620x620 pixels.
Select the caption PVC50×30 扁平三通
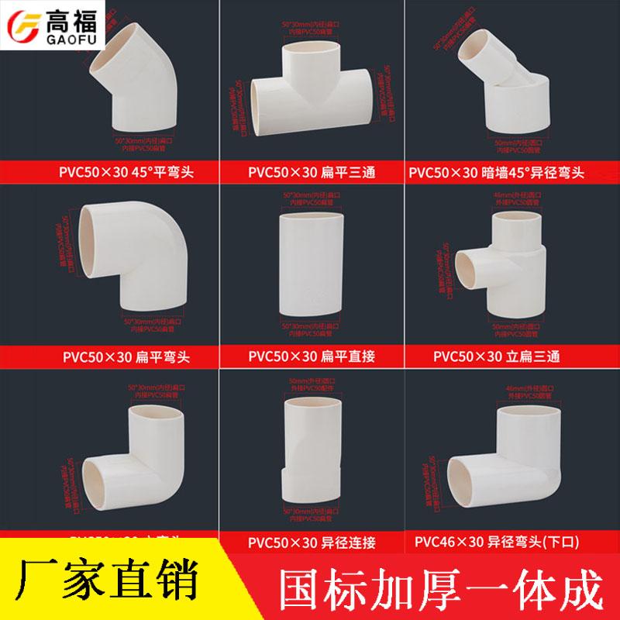(310, 170)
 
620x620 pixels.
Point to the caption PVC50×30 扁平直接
(310, 357)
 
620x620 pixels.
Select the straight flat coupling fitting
(310, 263)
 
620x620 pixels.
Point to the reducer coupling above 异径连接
(310, 449)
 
